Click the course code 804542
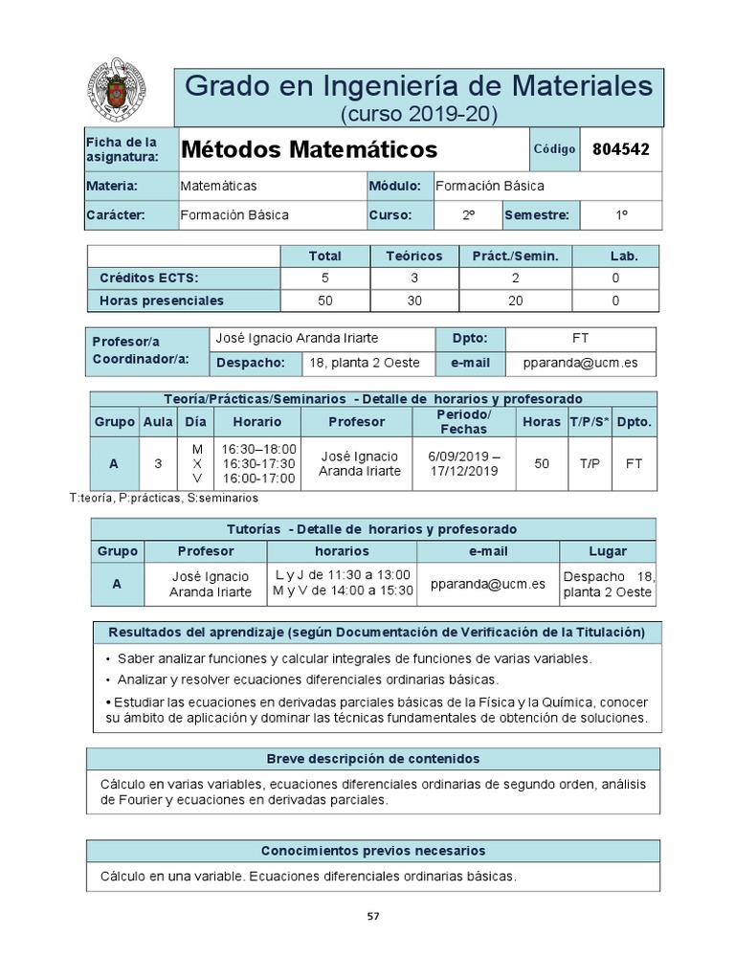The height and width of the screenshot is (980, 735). (621, 149)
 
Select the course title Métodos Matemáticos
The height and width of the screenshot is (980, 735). (308, 150)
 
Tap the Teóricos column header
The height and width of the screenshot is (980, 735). (413, 256)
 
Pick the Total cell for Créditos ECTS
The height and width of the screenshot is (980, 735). (324, 278)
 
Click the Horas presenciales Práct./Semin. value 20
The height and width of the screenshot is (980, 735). (516, 301)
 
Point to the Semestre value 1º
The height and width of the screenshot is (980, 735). (621, 215)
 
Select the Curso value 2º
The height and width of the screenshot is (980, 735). (469, 215)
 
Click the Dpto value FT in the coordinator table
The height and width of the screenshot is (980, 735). (581, 339)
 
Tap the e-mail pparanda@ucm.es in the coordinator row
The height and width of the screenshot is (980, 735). (581, 363)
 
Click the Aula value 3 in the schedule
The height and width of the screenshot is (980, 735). (158, 463)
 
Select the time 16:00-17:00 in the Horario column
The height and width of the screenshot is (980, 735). (258, 478)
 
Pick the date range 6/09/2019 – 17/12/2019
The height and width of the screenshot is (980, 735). (463, 463)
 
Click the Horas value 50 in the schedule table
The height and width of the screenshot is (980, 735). (543, 463)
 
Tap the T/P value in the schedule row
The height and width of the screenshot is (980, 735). (590, 463)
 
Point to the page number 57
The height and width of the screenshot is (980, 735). (373, 916)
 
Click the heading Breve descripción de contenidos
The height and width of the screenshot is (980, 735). (373, 759)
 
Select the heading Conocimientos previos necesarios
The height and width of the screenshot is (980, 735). (373, 851)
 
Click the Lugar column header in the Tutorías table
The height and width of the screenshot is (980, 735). (608, 551)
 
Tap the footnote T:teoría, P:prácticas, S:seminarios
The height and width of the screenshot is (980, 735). (164, 498)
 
